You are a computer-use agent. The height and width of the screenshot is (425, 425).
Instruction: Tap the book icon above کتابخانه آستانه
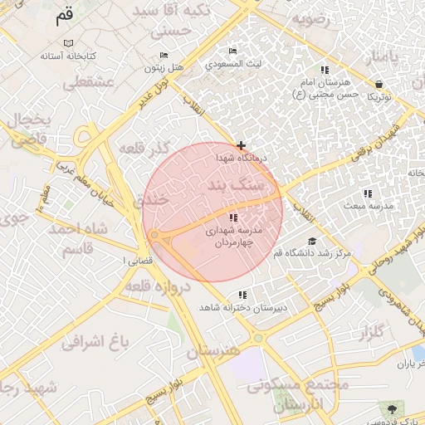pos(69,43)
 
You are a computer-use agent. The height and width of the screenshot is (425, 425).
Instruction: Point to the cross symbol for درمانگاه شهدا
pos(241,145)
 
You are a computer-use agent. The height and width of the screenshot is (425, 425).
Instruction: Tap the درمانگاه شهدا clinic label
pos(241,157)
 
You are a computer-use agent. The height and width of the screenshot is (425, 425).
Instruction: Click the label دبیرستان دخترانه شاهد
pos(242,307)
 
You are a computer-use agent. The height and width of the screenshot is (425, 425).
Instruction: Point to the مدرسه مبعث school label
pos(368,204)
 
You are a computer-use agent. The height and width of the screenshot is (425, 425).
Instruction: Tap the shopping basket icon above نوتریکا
pos(379,84)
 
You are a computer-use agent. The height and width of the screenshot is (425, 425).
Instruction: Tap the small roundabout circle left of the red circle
pos(155,237)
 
